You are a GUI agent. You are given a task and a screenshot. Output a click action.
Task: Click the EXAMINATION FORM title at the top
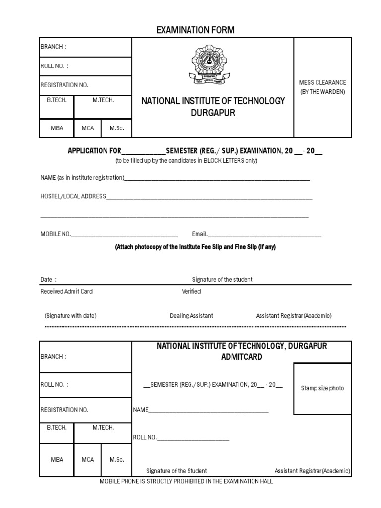195,31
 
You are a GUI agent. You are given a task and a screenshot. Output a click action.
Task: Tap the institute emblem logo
209,64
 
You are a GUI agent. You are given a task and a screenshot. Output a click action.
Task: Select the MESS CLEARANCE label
322,82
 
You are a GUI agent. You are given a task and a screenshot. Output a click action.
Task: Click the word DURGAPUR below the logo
213,113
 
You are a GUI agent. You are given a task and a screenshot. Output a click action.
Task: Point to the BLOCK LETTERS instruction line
187,161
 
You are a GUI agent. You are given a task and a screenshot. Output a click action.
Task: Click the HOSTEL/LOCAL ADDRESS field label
73,196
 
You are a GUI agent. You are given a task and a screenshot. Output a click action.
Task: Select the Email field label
200,234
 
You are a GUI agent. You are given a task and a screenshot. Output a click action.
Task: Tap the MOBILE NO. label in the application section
56,234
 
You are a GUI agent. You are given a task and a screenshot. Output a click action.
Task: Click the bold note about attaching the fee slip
195,247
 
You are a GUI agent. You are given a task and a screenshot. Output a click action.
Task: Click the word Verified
191,292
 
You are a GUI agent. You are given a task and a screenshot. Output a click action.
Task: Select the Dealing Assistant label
191,316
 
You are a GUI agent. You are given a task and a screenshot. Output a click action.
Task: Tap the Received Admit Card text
66,292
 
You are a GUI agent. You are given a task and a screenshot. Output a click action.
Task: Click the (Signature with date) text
70,316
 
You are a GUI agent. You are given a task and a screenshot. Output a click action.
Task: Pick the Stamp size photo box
322,388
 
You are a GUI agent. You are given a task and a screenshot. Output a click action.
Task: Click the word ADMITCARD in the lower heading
242,357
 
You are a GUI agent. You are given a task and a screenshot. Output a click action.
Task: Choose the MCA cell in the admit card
88,460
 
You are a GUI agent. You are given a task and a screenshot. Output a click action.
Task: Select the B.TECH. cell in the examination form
57,100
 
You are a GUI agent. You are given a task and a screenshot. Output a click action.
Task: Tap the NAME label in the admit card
141,410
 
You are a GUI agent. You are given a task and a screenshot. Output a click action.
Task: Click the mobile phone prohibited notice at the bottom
187,482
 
